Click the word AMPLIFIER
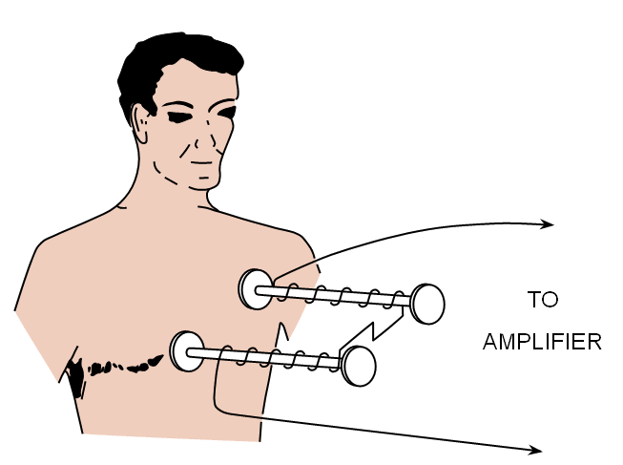[542, 342]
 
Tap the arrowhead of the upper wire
[549, 225]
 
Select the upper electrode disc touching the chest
[255, 288]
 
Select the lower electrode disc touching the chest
[185, 350]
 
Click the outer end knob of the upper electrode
[427, 304]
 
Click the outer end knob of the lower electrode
[359, 366]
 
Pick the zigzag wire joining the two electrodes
[373, 330]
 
